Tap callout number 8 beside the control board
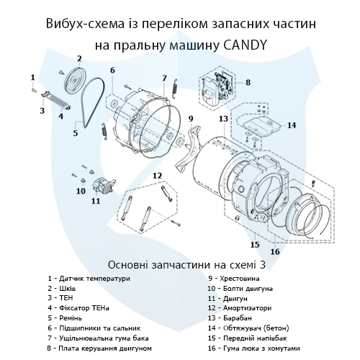pyautogui.click(x=248, y=83)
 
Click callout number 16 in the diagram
pyautogui.click(x=274, y=252)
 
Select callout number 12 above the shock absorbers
pyautogui.click(x=156, y=175)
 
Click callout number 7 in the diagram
pyautogui.click(x=164, y=78)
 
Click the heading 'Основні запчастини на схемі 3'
pyautogui.click(x=180, y=264)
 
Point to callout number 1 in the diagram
pyautogui.click(x=32, y=76)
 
